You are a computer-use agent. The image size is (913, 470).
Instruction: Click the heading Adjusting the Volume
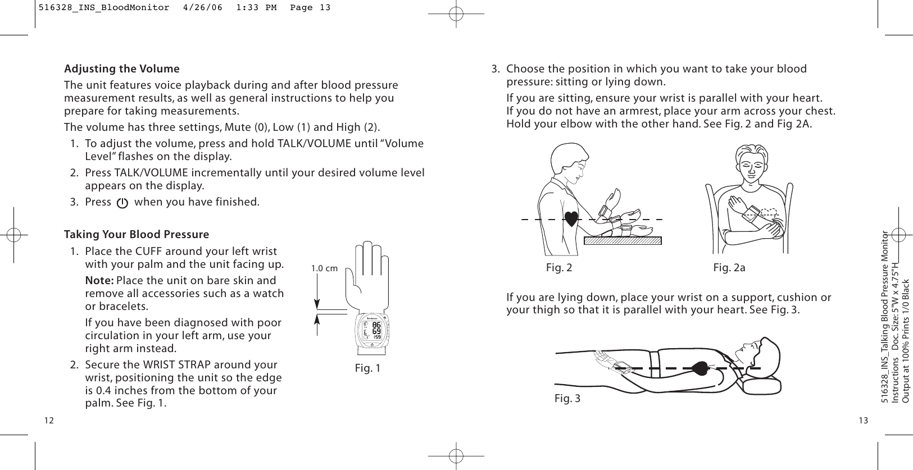[x=122, y=69]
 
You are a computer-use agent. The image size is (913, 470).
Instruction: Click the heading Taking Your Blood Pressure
[x=137, y=234]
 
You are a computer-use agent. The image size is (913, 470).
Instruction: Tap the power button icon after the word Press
[x=122, y=203]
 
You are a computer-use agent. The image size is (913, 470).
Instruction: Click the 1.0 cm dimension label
[x=324, y=268]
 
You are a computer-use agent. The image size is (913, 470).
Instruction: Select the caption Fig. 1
[x=367, y=368]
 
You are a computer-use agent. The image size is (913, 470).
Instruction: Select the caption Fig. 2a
[x=729, y=268]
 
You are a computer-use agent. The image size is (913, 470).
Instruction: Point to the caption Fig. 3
[x=567, y=399]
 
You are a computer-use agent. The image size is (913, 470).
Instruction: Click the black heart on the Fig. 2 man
[x=571, y=218]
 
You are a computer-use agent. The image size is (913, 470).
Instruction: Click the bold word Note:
[x=99, y=281]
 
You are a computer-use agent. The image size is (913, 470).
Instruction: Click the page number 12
[x=49, y=421]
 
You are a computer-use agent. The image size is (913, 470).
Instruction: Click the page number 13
[x=863, y=421]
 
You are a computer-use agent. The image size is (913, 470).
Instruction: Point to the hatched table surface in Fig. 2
[x=623, y=241]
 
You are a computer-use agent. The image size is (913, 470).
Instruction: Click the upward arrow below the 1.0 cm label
[x=317, y=325]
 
